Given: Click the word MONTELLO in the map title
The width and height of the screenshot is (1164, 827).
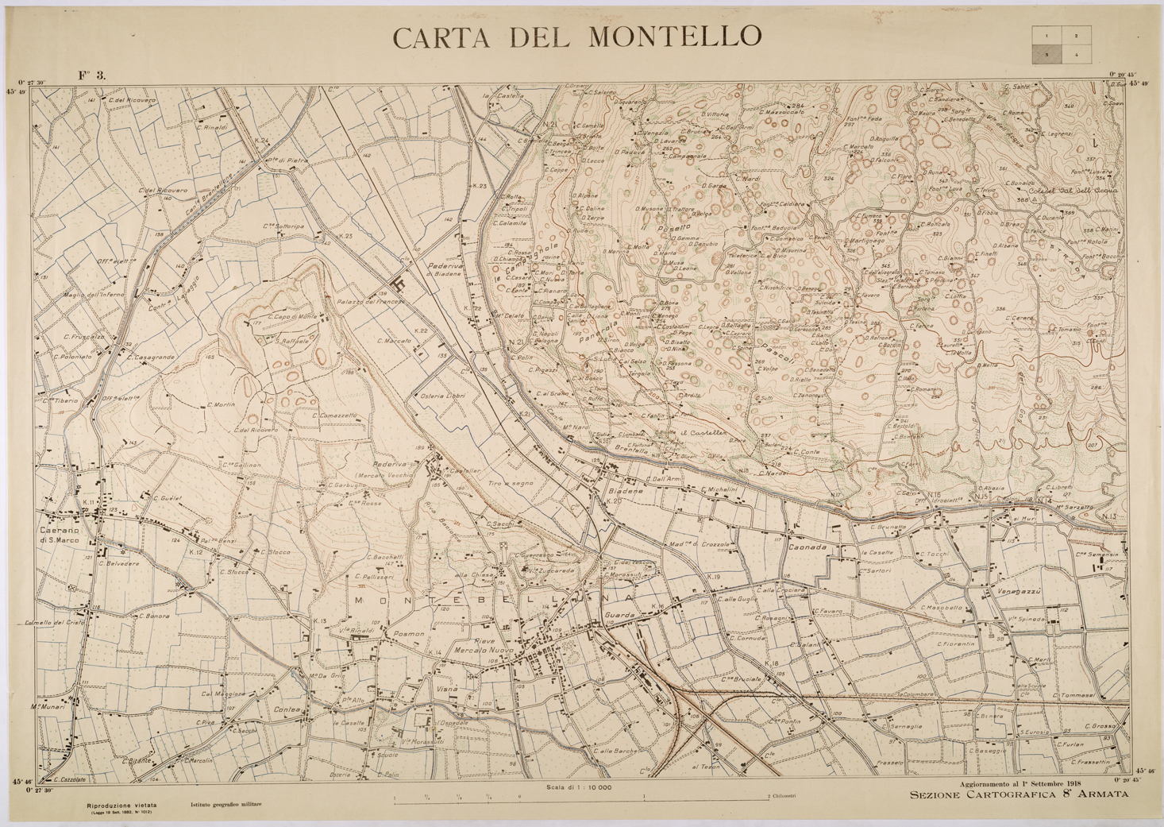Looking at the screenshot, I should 675,37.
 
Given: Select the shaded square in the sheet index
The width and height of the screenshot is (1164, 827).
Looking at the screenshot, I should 1046,55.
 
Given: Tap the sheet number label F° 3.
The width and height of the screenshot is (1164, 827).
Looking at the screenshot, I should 91,75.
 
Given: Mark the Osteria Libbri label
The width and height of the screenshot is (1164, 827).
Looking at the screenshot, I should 442,396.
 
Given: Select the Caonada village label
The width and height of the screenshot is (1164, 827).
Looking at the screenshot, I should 807,547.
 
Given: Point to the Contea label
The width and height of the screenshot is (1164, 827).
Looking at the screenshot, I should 287,709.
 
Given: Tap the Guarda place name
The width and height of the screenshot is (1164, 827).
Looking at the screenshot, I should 620,616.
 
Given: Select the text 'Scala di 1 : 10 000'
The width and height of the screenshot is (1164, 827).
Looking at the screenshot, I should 579,787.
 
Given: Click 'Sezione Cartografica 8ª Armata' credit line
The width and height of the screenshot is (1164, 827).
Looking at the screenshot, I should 1019,794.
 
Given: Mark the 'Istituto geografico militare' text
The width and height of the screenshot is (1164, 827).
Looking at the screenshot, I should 225,805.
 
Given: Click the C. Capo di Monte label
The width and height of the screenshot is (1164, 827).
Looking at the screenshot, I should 292,316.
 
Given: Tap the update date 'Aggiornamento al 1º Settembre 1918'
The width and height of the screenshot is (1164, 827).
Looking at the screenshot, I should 1025,784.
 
